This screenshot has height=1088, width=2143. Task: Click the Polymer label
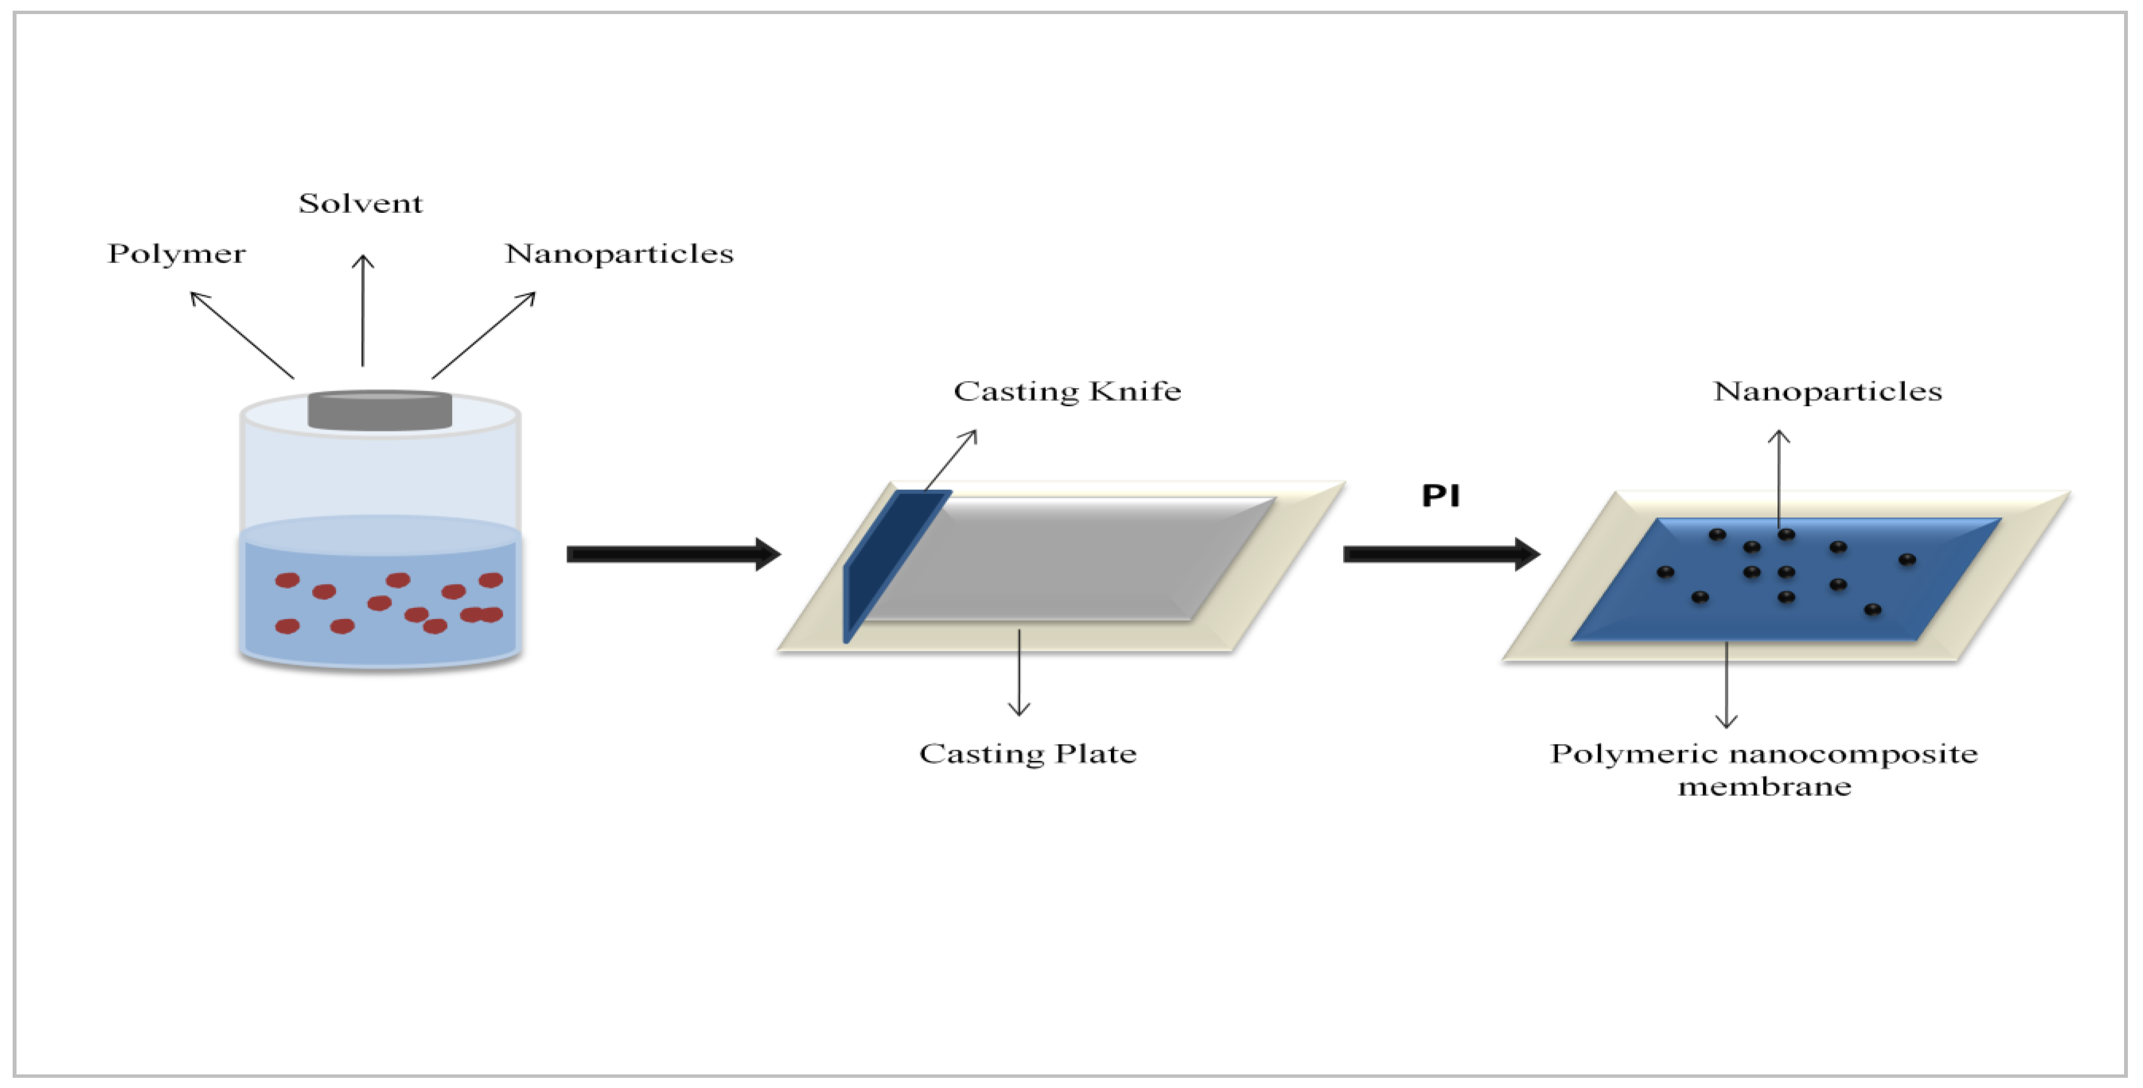tap(176, 254)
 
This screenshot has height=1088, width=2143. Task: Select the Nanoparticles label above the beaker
tap(619, 254)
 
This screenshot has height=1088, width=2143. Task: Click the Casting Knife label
tap(1067, 391)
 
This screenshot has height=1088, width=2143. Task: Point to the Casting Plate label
tap(1027, 754)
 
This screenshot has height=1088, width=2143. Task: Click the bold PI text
tap(1440, 497)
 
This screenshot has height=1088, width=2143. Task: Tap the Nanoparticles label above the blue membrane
tap(1827, 391)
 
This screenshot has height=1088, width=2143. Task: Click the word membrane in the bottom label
tap(1764, 787)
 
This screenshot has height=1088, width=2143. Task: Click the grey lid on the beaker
tap(379, 410)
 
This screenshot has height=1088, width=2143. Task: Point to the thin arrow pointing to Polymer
tap(241, 334)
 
